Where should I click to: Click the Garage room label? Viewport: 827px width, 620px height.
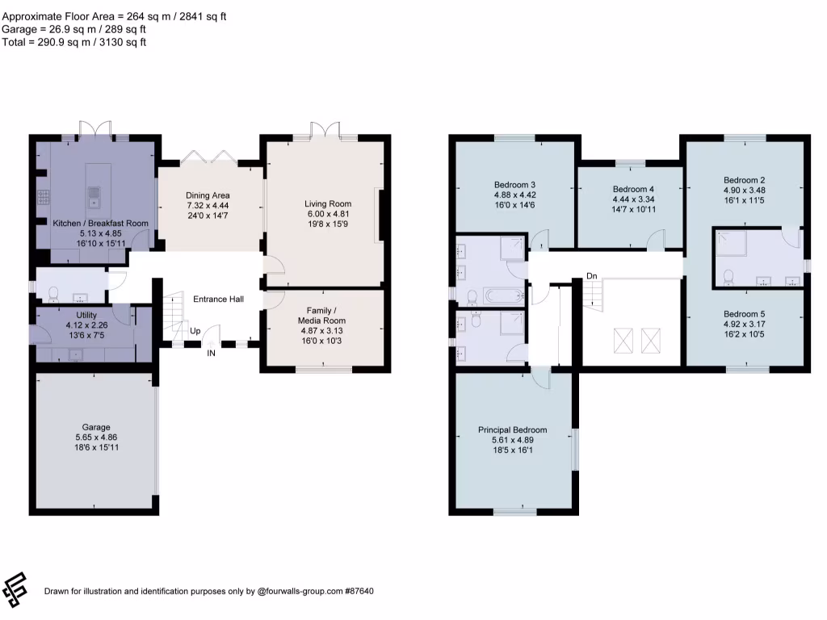(95, 427)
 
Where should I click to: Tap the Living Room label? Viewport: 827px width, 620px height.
(328, 203)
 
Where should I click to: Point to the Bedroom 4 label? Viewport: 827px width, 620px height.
(633, 189)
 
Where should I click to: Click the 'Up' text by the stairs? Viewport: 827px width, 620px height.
(195, 331)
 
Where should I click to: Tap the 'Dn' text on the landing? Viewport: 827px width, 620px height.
(592, 276)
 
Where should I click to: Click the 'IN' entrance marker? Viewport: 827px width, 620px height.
(212, 354)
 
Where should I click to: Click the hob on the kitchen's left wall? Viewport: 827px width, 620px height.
(40, 197)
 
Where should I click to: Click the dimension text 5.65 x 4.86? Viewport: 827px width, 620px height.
(95, 437)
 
